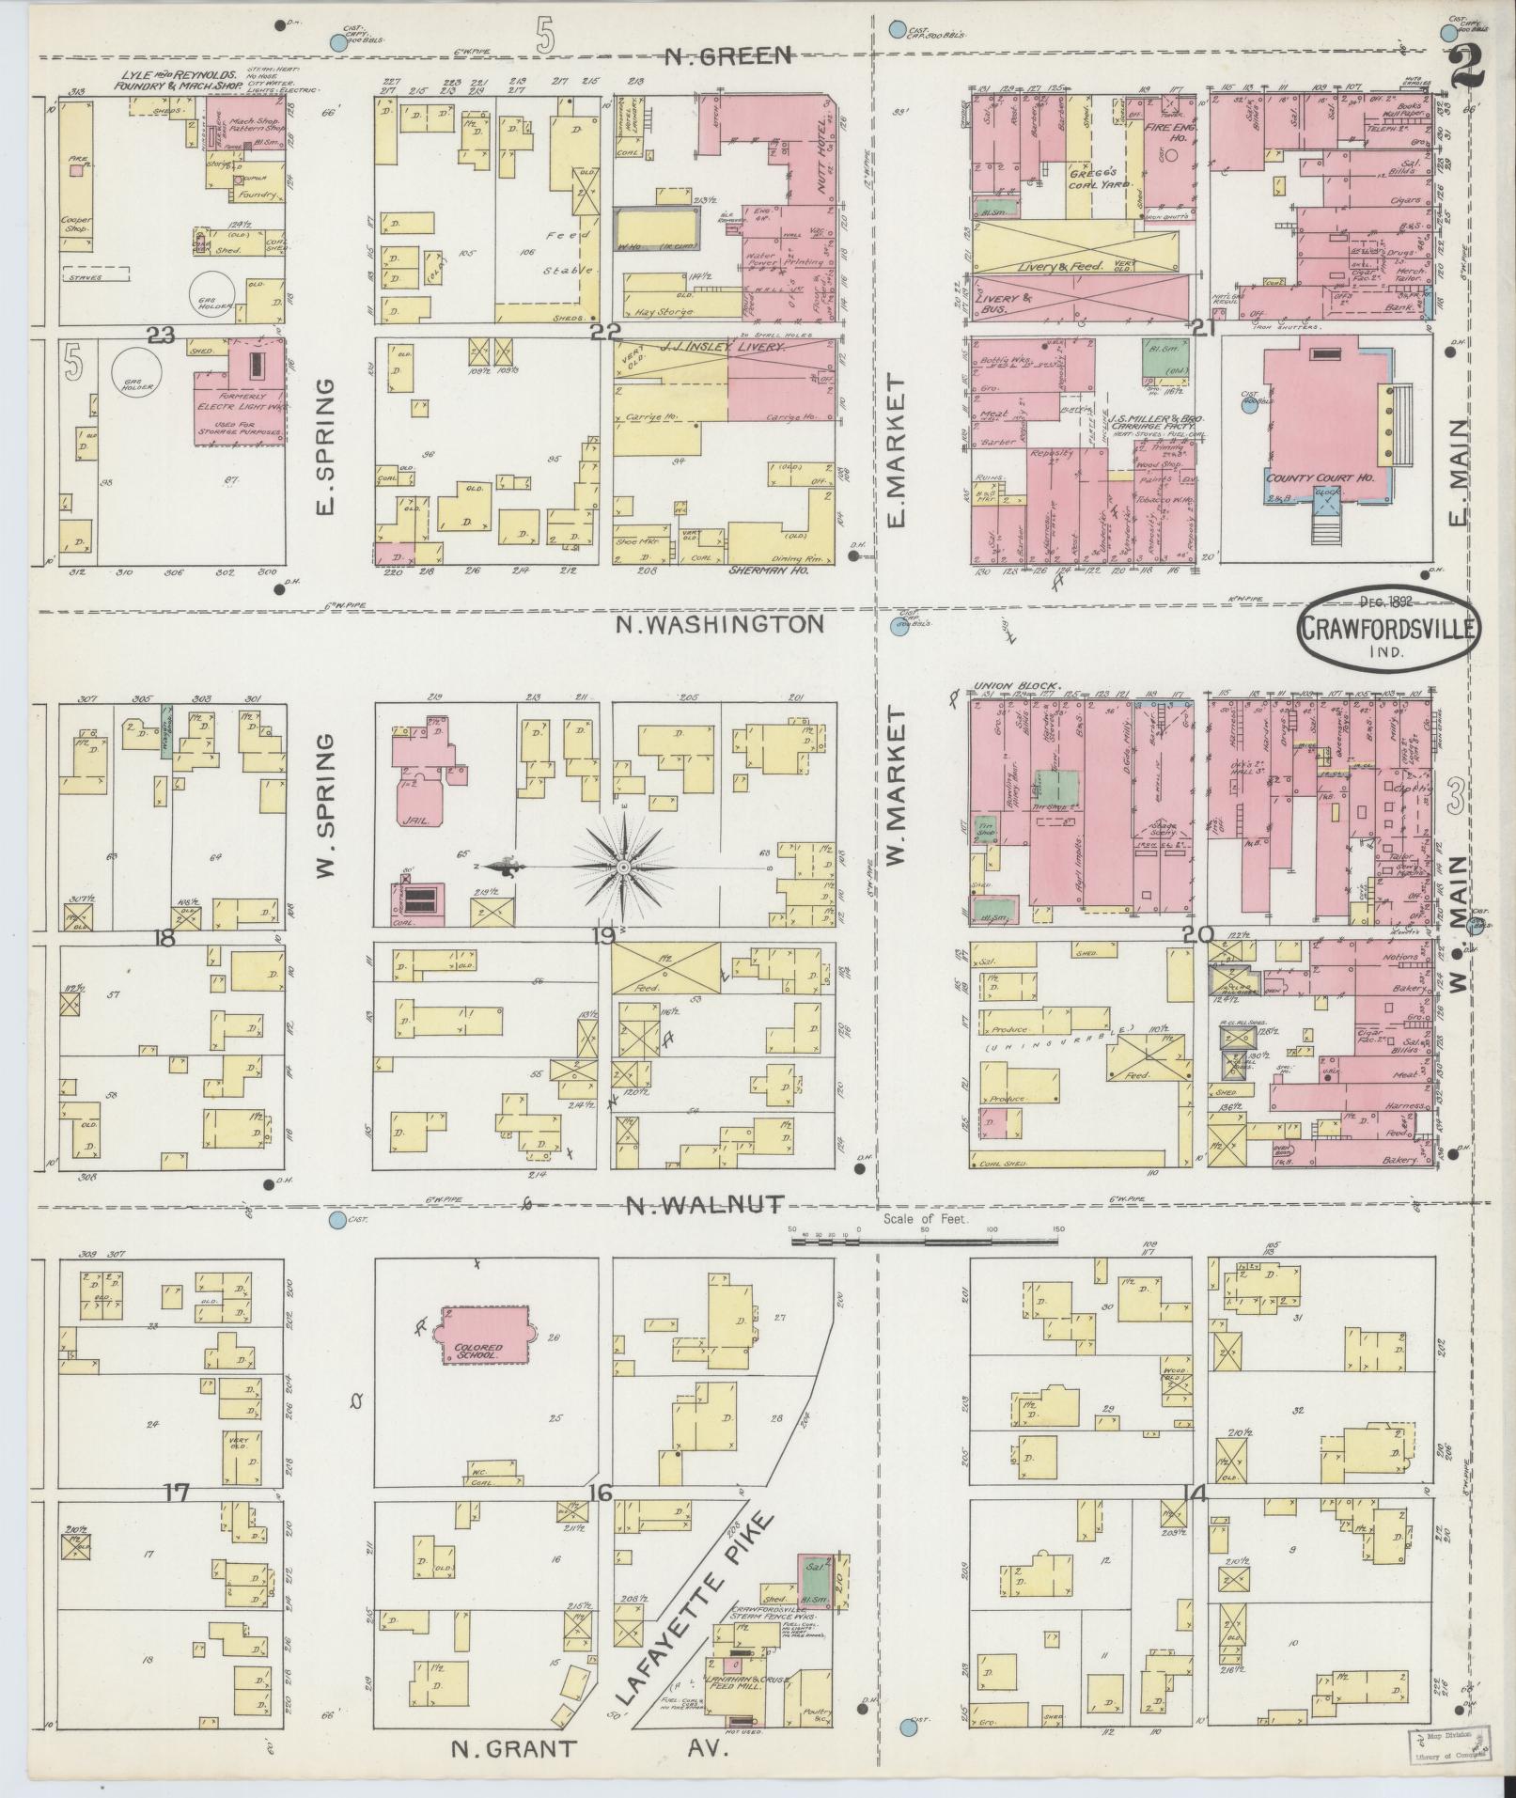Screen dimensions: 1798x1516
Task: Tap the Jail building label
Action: click(x=414, y=820)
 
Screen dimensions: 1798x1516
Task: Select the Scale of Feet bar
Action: click(x=926, y=1242)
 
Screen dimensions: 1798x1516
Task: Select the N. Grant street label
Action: click(x=499, y=1749)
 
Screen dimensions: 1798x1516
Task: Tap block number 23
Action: click(x=162, y=335)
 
